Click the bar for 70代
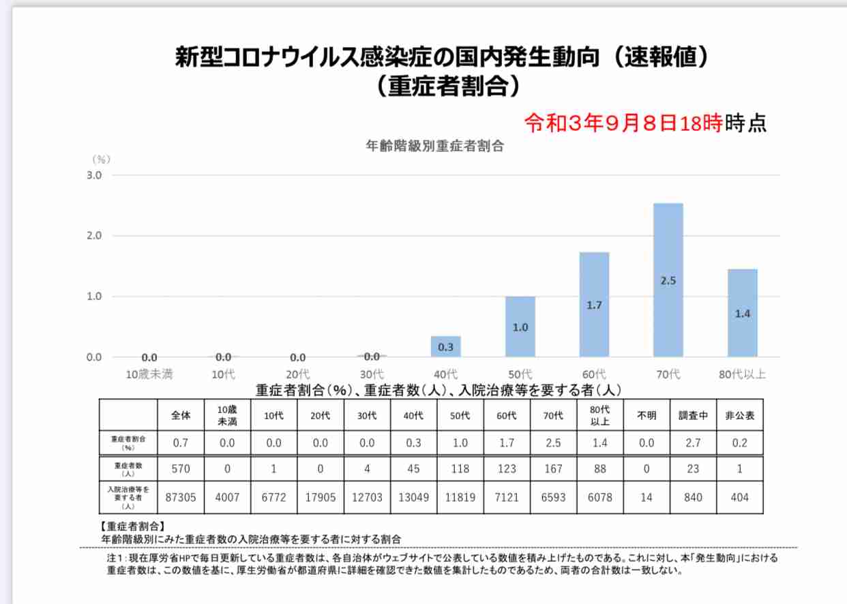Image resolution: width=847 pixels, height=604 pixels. tap(668, 280)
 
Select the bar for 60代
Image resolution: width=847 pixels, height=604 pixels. tap(594, 304)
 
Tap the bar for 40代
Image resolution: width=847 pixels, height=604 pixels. tap(445, 346)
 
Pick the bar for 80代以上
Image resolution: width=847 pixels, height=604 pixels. tap(742, 312)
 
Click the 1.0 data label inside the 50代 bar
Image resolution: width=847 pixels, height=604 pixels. tap(520, 327)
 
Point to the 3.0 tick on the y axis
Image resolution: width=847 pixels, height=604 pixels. tap(94, 175)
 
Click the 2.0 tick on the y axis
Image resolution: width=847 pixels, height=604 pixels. tap(94, 236)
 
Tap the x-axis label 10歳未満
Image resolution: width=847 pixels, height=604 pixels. tap(149, 374)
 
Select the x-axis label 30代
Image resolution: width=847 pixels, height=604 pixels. tap(372, 374)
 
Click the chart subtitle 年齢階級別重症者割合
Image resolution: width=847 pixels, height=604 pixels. tap(434, 145)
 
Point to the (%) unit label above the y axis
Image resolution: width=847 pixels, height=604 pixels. tap(100, 159)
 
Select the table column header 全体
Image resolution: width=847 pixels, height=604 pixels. tap(181, 415)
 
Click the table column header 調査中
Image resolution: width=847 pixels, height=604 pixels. tap(692, 415)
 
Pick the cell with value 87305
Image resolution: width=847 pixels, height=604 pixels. tap(181, 498)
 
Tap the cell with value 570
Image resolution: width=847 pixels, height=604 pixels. tap(181, 469)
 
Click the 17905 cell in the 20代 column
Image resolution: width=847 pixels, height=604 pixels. tap(321, 498)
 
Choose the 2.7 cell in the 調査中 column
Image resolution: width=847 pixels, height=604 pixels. tap(692, 443)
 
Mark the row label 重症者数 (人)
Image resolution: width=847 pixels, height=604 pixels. tap(128, 469)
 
